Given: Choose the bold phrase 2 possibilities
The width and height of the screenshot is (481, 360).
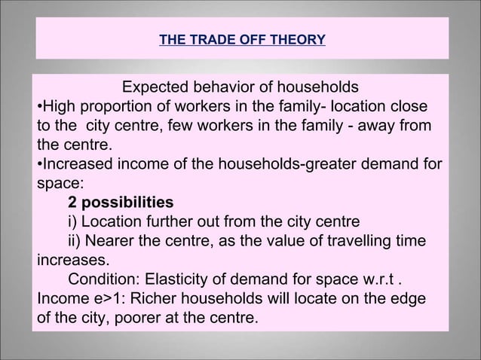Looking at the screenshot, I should tap(120, 203).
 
